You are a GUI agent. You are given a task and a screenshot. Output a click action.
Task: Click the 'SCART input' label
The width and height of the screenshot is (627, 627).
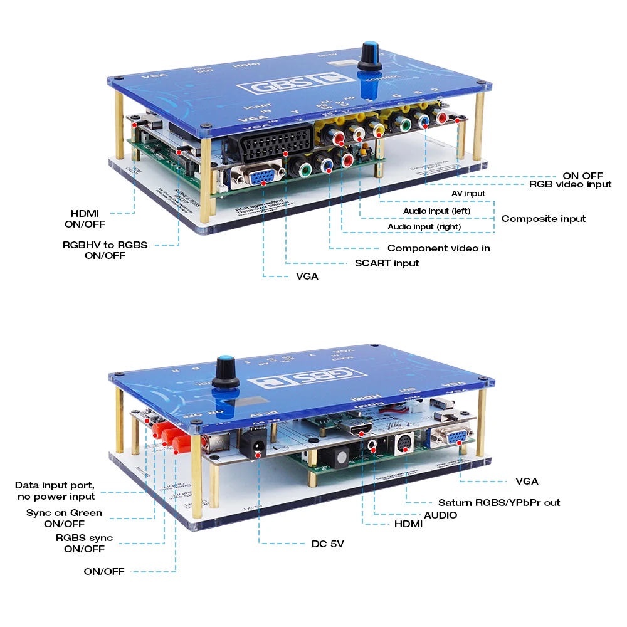coord(386,263)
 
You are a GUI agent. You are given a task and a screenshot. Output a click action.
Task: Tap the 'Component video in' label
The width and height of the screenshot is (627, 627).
coord(438,248)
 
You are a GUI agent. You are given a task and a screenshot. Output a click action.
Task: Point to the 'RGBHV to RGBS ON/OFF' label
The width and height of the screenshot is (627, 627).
coord(105,250)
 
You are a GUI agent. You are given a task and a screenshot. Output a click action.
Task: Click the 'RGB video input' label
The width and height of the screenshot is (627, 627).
coord(570,184)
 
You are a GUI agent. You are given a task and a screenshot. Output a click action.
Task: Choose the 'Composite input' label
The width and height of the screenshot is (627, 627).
coord(544,218)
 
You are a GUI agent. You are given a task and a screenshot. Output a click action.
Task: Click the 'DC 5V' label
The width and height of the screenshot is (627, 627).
coord(327,544)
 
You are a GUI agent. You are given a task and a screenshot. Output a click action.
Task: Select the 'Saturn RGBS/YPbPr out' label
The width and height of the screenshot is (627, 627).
coord(499,502)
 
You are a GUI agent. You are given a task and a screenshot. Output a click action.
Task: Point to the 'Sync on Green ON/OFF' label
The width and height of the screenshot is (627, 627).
coord(65,518)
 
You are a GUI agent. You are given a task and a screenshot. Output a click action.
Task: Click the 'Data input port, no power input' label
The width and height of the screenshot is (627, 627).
coord(55,490)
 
